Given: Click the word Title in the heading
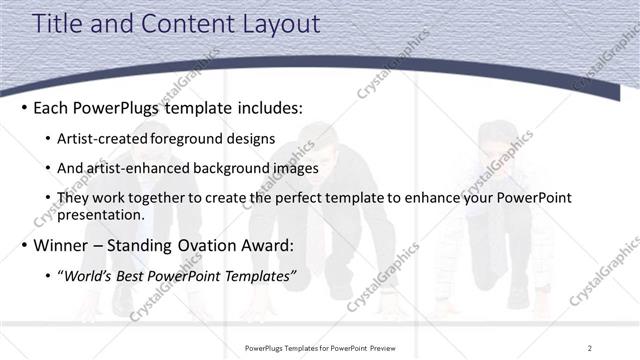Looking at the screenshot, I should pos(58,24).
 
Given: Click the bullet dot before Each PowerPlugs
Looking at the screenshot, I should pos(24,107).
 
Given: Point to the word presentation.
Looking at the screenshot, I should pos(100,215).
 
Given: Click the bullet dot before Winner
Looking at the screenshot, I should pos(24,245).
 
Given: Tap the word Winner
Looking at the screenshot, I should pos(61,245).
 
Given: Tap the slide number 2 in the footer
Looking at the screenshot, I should pos(590,347).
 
